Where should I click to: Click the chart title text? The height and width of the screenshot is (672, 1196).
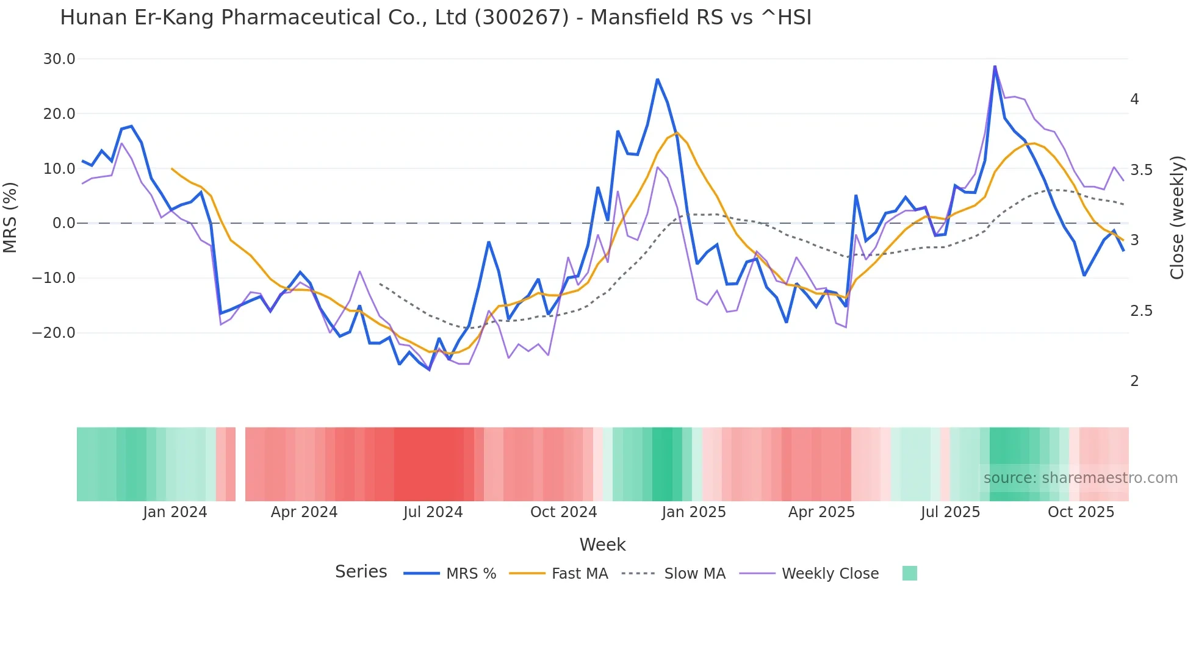pyautogui.click(x=436, y=18)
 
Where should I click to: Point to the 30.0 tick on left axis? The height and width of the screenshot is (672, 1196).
pyautogui.click(x=59, y=59)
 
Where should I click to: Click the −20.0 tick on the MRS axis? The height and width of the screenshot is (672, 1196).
pyautogui.click(x=54, y=333)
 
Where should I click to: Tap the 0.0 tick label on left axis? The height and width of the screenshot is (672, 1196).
pyautogui.click(x=63, y=223)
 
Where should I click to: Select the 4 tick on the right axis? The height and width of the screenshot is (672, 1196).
pyautogui.click(x=1134, y=99)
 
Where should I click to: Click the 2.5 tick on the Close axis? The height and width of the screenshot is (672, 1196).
pyautogui.click(x=1141, y=311)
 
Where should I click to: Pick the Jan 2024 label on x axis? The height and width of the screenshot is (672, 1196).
pyautogui.click(x=175, y=512)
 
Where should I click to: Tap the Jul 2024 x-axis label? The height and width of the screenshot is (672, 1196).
pyautogui.click(x=433, y=512)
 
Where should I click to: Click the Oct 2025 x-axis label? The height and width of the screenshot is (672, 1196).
pyautogui.click(x=1081, y=512)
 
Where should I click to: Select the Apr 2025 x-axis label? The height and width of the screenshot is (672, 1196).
pyautogui.click(x=821, y=512)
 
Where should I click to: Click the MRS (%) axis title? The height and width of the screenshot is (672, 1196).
pyautogui.click(x=10, y=218)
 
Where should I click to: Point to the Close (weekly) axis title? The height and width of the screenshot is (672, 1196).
pyautogui.click(x=1177, y=218)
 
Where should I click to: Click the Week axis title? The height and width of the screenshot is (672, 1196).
pyautogui.click(x=602, y=545)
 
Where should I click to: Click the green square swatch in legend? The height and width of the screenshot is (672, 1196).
pyautogui.click(x=909, y=573)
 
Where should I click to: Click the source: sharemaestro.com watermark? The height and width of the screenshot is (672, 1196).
pyautogui.click(x=1080, y=478)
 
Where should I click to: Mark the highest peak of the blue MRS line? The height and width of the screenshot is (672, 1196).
pyautogui.click(x=995, y=66)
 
